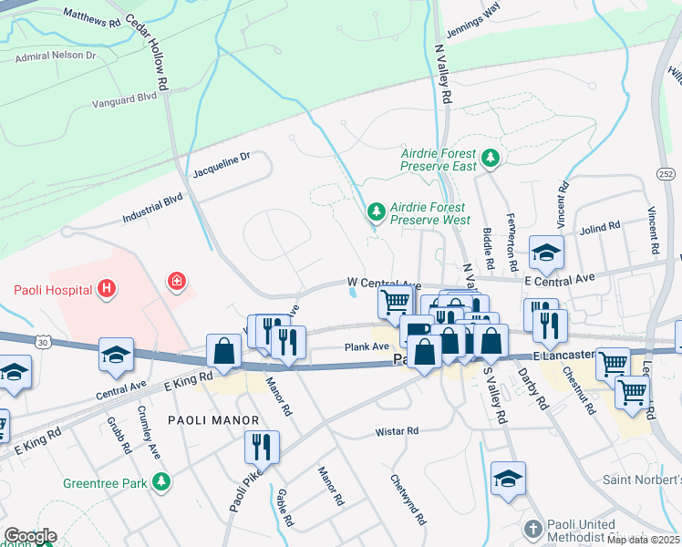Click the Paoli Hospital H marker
pyautogui.click(x=107, y=290)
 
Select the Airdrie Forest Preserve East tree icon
pyautogui.click(x=491, y=160)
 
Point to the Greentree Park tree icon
pyautogui.click(x=161, y=480)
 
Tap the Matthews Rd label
pyautogui.click(x=92, y=15)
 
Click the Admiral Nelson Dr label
pyautogui.click(x=56, y=56)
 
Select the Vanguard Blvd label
pyautogui.click(x=125, y=99)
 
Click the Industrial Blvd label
pyautogui.click(x=153, y=208)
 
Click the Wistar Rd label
pyautogui.click(x=397, y=430)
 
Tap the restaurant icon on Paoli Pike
pyautogui.click(x=260, y=447)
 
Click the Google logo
pyautogui.click(x=30, y=536)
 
